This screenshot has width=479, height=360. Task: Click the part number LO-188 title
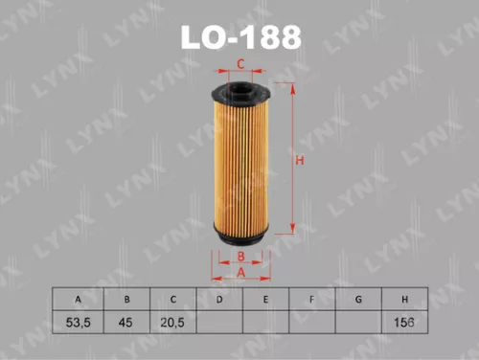point(239,36)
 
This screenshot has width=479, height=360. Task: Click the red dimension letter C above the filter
point(241,65)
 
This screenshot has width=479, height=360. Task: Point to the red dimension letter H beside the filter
point(299,161)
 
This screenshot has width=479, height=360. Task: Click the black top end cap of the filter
point(241,93)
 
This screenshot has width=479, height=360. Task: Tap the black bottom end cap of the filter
point(241,233)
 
